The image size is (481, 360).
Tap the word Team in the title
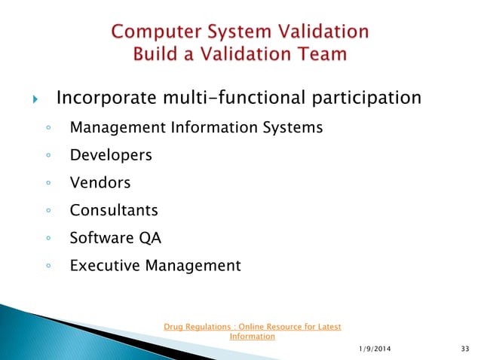pos(320,54)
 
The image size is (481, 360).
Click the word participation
pos(366,99)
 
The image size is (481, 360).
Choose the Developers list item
pos(111,156)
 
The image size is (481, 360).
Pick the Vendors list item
pos(100,183)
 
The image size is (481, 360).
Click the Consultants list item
pos(114,211)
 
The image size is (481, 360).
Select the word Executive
pos(101,266)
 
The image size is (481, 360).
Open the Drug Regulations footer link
pos(252,331)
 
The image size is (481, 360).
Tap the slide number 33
pos(464,347)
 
